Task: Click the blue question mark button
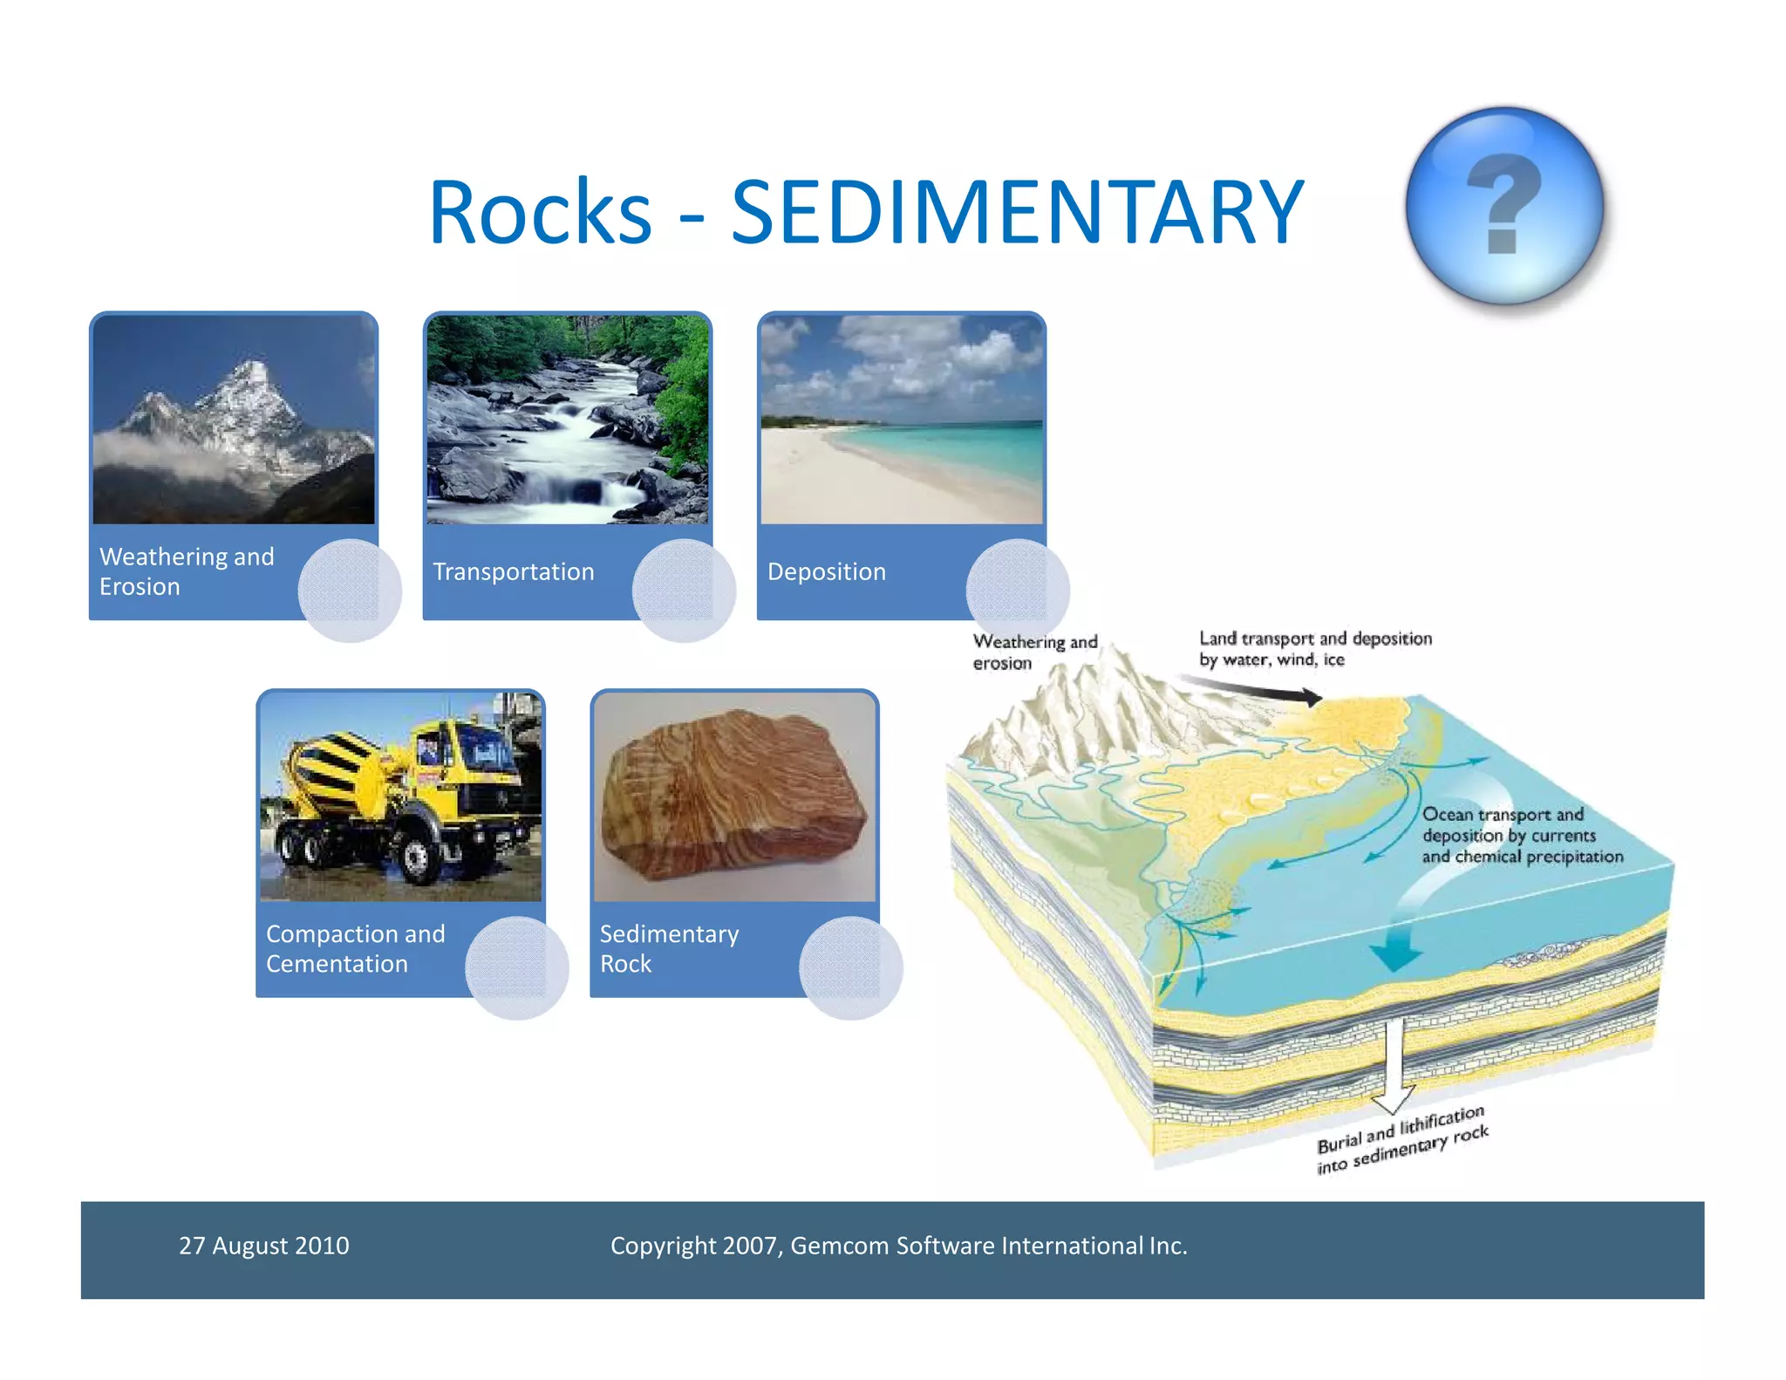click(1504, 206)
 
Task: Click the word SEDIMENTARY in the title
click(1017, 212)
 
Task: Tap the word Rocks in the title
click(540, 212)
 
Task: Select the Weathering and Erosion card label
click(187, 571)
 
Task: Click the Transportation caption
click(514, 571)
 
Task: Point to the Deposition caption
click(826, 571)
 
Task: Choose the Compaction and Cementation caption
click(355, 948)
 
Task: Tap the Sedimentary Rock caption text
click(669, 948)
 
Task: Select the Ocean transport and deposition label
click(1521, 836)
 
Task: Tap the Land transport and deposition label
click(1314, 649)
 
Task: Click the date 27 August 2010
click(263, 1246)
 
